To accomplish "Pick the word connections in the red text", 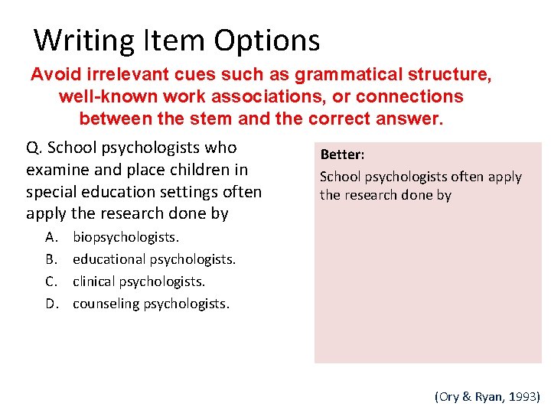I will tap(410, 97).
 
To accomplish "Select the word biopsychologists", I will tap(126, 237).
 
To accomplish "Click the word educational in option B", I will tap(109, 259).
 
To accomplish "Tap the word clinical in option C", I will tap(95, 281).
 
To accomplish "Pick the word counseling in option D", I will tap(106, 304).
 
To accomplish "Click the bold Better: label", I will tap(342, 154).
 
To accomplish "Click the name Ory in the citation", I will tap(449, 397).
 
